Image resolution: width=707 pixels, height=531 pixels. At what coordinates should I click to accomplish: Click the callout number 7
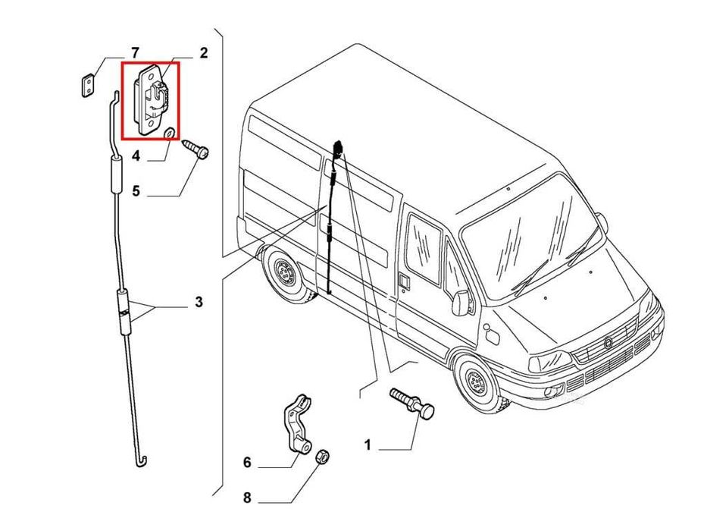coord(135,53)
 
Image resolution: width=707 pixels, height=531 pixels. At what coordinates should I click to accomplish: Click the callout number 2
coord(203,53)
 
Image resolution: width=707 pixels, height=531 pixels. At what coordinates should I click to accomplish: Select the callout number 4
coord(136,157)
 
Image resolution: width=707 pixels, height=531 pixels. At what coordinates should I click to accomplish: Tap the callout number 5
coord(136,190)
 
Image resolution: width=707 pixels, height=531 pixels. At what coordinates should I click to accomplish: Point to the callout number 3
coord(199,302)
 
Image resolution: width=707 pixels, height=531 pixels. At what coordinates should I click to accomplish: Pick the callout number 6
coord(246,462)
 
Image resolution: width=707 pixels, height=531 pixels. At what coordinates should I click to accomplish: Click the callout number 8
coord(246,498)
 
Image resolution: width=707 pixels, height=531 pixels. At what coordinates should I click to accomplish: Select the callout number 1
coord(368,445)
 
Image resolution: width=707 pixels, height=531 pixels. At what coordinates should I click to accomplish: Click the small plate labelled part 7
coord(89,84)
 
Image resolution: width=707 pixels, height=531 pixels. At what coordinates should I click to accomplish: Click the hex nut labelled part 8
coord(321,457)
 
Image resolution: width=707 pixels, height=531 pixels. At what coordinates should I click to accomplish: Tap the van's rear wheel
coord(286,272)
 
